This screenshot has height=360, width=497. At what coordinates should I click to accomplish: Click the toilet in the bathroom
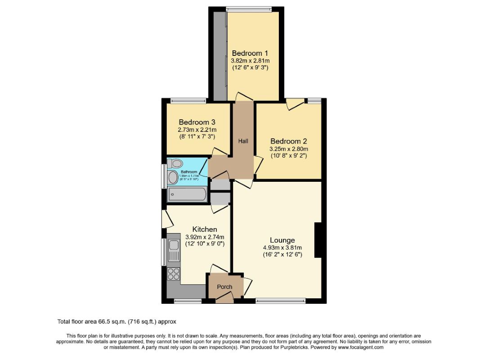click(x=176, y=163)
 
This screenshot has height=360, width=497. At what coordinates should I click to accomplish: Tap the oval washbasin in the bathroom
click(x=173, y=178)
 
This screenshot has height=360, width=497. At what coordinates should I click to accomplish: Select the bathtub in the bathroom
click(x=187, y=195)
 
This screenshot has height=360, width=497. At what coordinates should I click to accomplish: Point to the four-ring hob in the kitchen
click(x=174, y=273)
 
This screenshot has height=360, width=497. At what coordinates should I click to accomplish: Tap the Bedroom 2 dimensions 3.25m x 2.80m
click(x=289, y=149)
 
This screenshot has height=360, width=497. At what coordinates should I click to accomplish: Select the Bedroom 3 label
click(x=197, y=122)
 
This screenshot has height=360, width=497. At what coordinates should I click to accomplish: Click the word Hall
click(x=243, y=141)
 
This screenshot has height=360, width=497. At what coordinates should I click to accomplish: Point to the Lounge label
click(x=282, y=240)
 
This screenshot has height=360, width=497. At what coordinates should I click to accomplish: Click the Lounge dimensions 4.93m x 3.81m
click(x=282, y=247)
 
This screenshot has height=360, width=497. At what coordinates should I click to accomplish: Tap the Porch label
click(x=225, y=287)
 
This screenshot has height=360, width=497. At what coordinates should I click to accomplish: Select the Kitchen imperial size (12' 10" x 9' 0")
click(x=205, y=243)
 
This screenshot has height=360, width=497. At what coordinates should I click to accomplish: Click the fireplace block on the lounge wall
click(x=318, y=240)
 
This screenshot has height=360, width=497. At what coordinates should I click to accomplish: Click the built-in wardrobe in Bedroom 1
click(x=220, y=56)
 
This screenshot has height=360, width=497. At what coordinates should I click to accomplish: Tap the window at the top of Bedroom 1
click(x=249, y=9)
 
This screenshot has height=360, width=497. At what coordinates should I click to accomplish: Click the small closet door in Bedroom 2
click(x=295, y=104)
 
